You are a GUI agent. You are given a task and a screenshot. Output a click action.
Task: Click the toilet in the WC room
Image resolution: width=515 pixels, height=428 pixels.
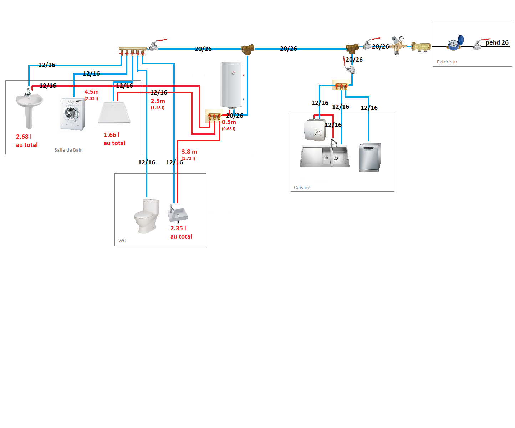(x=147, y=216)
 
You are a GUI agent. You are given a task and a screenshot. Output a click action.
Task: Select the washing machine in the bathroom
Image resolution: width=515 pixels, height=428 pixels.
(x=73, y=113)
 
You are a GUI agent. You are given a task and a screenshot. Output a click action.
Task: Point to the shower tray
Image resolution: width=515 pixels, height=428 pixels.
(x=114, y=113)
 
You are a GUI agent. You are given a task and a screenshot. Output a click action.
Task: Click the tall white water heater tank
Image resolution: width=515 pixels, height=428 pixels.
(x=231, y=85)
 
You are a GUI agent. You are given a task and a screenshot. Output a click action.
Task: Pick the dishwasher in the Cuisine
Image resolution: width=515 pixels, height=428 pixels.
(x=369, y=157)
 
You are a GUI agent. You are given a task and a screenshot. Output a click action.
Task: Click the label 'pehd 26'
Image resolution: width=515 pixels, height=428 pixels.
(x=497, y=42)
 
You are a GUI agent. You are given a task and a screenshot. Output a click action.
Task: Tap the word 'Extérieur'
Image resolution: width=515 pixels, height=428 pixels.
(x=447, y=62)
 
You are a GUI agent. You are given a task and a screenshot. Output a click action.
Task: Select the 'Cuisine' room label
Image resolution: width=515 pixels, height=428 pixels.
(x=302, y=187)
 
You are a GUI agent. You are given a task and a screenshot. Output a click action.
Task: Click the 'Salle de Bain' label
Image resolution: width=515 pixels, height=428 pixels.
(x=68, y=150)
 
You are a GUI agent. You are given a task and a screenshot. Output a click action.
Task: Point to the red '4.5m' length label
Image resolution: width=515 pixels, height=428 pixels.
(x=91, y=92)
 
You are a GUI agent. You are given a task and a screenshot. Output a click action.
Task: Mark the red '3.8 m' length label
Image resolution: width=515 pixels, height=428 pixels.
(x=189, y=152)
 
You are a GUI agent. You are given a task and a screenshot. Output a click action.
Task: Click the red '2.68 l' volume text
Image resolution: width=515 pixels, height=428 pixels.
(x=24, y=137)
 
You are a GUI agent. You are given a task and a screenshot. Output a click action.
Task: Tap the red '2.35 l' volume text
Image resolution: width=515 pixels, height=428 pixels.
(x=178, y=228)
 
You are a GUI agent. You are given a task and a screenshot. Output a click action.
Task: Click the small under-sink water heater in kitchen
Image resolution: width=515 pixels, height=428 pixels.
(x=315, y=130)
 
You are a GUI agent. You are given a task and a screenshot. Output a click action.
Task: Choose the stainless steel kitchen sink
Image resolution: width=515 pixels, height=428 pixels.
(x=324, y=156)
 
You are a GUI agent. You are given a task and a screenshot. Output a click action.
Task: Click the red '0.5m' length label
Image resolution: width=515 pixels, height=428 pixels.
(x=229, y=122)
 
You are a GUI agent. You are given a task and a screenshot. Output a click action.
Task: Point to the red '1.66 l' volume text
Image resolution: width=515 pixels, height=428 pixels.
(x=112, y=135)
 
